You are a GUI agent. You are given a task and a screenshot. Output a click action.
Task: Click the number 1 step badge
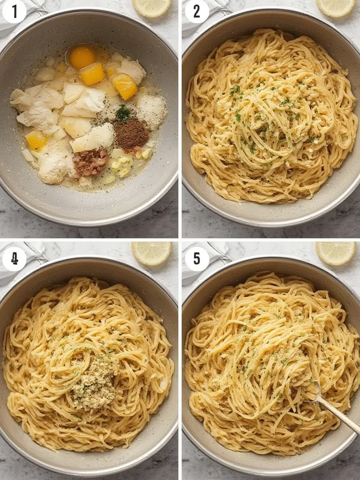14,12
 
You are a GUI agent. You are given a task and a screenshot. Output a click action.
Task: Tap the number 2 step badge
197,12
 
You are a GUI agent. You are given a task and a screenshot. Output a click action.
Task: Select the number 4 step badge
14,259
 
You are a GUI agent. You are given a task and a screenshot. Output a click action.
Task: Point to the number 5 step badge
197,259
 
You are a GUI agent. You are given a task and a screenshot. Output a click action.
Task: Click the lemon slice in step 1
152,7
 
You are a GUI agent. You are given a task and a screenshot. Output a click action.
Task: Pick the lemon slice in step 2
336,7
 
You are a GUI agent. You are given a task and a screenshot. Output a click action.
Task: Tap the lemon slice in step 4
151,253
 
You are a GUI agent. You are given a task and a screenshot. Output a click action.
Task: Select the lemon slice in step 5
336,253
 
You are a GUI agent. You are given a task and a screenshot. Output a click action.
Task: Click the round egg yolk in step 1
82,57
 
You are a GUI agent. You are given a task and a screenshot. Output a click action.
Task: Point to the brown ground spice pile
131,135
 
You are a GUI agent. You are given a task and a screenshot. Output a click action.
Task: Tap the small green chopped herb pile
123,113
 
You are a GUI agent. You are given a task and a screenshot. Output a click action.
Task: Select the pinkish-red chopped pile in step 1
91,162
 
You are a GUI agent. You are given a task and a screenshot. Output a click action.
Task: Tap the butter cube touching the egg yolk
92,74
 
